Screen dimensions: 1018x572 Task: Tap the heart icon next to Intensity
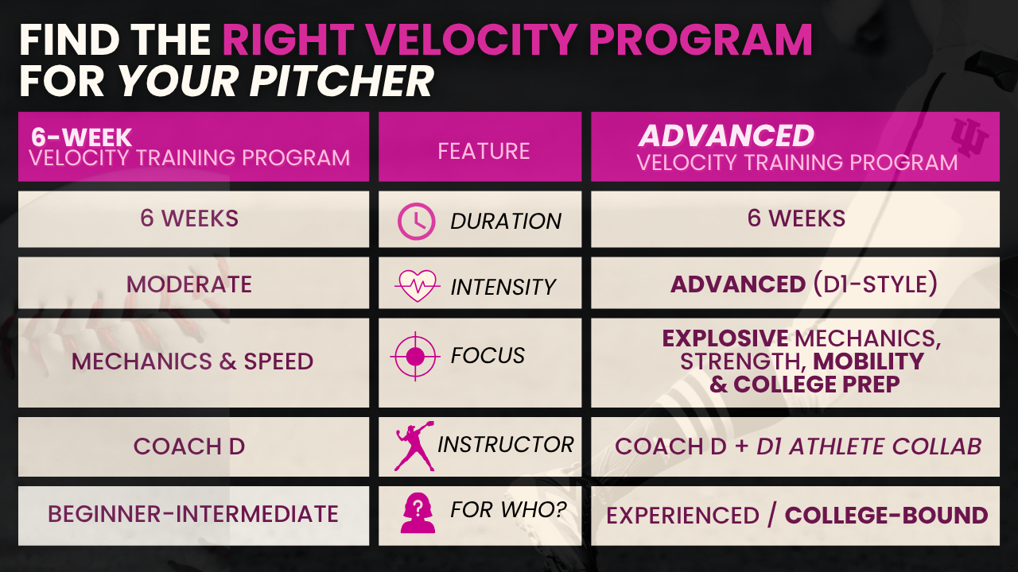418,286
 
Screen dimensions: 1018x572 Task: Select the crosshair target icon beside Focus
415,357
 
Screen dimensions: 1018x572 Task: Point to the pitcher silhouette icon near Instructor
414,446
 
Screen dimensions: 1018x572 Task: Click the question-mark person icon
418,512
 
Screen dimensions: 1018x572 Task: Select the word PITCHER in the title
341,81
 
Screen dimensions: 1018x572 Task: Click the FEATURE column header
484,151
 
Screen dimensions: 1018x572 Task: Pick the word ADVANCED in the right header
726,135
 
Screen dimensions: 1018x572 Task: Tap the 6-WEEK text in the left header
81,137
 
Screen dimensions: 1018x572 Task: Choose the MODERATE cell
189,284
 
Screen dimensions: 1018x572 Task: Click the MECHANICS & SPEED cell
192,361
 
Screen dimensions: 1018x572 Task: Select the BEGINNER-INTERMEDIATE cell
193,514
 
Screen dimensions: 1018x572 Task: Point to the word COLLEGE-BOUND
887,516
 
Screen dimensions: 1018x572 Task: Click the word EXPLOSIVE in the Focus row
725,338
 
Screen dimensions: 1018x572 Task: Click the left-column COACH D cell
189,446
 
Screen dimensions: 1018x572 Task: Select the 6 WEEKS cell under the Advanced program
796,218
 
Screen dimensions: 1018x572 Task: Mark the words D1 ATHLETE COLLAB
869,446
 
